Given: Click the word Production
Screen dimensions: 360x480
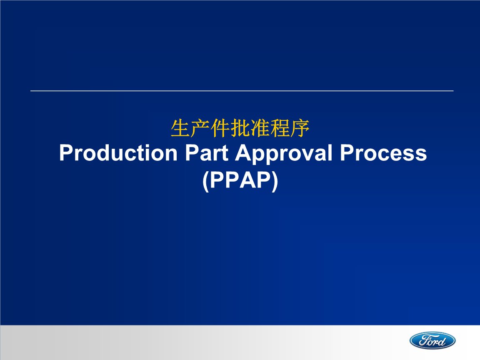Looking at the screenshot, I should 118,153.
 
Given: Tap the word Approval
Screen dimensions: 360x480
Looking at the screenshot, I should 284,154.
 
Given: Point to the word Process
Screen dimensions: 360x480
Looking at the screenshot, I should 383,153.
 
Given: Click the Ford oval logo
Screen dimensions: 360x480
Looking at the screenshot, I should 432,340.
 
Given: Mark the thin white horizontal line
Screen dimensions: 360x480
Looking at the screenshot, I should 242,90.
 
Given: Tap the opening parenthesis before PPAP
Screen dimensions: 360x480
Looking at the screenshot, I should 205,182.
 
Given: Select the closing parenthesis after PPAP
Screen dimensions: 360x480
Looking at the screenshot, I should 275,182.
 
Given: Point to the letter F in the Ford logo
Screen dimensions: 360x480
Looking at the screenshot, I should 420,340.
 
